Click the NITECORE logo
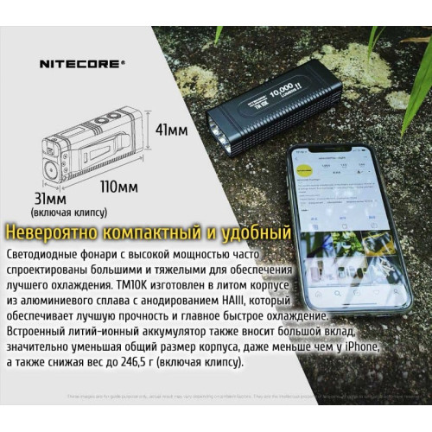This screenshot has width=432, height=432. tap(83, 62)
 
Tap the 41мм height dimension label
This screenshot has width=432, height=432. tap(171, 130)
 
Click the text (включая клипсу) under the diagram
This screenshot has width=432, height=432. tap(68, 212)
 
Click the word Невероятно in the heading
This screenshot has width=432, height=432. tap(51, 232)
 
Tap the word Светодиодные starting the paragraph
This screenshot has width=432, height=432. tap(47, 257)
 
